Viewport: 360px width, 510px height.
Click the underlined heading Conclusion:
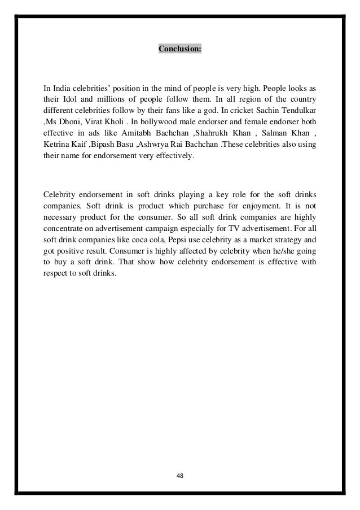pyautogui.click(x=179, y=49)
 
